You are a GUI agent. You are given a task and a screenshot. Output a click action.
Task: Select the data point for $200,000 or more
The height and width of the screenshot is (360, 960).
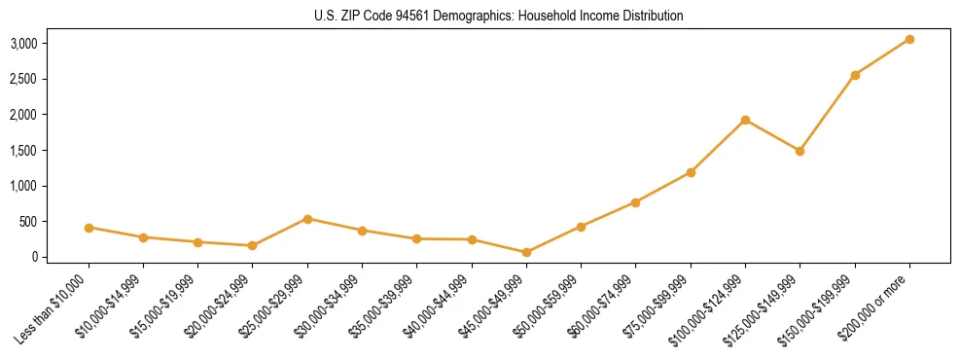click(909, 39)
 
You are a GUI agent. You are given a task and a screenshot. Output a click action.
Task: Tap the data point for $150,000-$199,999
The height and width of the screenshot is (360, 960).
click(855, 75)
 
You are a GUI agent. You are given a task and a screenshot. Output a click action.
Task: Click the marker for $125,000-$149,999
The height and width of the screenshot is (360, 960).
click(800, 151)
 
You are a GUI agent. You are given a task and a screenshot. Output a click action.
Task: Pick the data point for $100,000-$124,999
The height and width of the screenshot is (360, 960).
click(745, 120)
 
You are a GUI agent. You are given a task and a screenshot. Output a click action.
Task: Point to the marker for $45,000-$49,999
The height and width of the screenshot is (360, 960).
click(526, 252)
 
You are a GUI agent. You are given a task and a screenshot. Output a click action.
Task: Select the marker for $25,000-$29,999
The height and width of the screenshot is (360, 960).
click(307, 219)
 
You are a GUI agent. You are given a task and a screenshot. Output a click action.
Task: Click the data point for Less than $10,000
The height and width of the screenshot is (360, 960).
click(89, 228)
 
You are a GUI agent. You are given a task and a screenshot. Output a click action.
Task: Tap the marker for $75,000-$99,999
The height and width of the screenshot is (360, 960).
click(691, 172)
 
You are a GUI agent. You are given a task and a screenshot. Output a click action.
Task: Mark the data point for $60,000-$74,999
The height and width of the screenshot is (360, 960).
click(635, 202)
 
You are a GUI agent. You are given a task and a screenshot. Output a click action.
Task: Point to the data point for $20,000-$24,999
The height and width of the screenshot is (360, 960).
click(253, 246)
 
